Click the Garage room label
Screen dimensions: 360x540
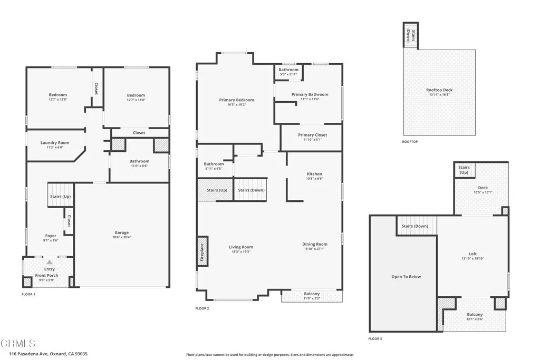point(122,232)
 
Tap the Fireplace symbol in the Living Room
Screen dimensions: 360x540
point(202,250)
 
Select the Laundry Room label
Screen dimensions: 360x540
point(55,143)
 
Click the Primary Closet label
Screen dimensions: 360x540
point(312,135)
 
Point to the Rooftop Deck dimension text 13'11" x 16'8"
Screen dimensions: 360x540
point(439,95)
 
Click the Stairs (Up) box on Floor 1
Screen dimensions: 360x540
point(60,196)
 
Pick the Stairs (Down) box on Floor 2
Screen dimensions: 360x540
point(251,190)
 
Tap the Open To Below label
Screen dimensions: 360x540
point(406,277)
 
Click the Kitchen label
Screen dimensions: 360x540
point(314,174)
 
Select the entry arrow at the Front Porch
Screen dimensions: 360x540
point(49,262)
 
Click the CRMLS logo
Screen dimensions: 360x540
point(18,343)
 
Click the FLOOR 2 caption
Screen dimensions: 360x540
point(202,308)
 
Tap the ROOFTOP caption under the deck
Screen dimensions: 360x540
point(410,142)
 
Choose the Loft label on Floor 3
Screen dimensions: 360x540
point(472,254)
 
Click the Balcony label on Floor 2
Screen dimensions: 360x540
point(312,294)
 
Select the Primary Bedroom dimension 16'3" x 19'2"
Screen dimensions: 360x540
point(236,105)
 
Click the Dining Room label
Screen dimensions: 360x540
point(315,244)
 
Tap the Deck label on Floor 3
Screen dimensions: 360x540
point(483,188)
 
